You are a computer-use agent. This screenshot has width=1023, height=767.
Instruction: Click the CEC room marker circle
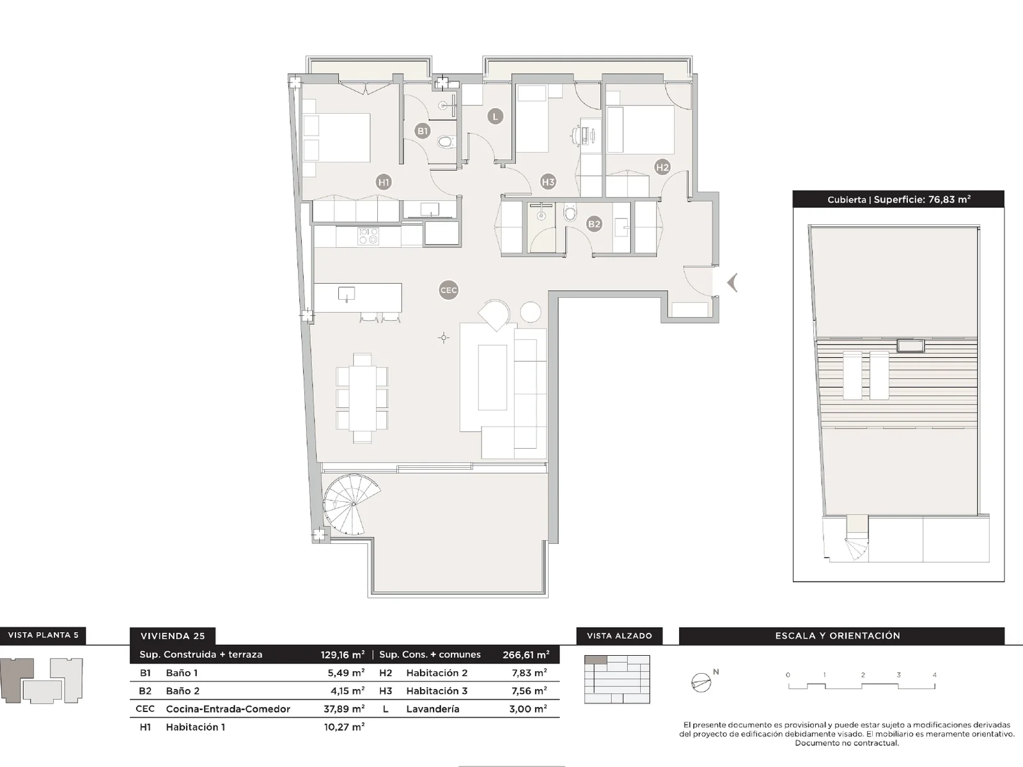tap(449, 290)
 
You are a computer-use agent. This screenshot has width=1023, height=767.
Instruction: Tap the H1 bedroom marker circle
tap(384, 182)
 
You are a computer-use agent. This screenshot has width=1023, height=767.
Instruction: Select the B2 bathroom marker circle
tap(594, 224)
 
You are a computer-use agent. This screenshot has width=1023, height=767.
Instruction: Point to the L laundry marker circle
tap(495, 116)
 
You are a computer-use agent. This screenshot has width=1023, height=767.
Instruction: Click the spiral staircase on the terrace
tap(352, 504)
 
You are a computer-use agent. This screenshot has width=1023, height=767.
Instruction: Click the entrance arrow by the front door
tap(733, 283)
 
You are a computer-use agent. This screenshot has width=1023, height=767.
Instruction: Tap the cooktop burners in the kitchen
tap(368, 236)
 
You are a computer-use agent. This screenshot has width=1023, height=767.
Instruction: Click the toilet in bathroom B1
tap(445, 142)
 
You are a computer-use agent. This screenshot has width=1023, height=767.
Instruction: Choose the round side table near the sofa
tap(531, 311)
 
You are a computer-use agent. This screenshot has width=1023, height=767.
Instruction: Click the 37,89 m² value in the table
tap(344, 709)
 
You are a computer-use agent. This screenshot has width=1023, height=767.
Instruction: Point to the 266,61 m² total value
tap(526, 655)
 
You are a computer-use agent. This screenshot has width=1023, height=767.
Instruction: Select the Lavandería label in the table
tap(432, 709)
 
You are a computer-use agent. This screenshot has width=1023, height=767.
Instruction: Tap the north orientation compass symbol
tap(702, 682)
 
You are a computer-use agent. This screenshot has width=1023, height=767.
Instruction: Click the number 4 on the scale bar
tap(934, 675)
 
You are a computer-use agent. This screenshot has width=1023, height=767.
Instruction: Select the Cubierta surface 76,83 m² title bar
tap(898, 199)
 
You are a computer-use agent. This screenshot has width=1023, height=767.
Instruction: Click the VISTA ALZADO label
tap(619, 636)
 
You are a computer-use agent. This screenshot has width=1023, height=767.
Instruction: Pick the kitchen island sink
tap(347, 294)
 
